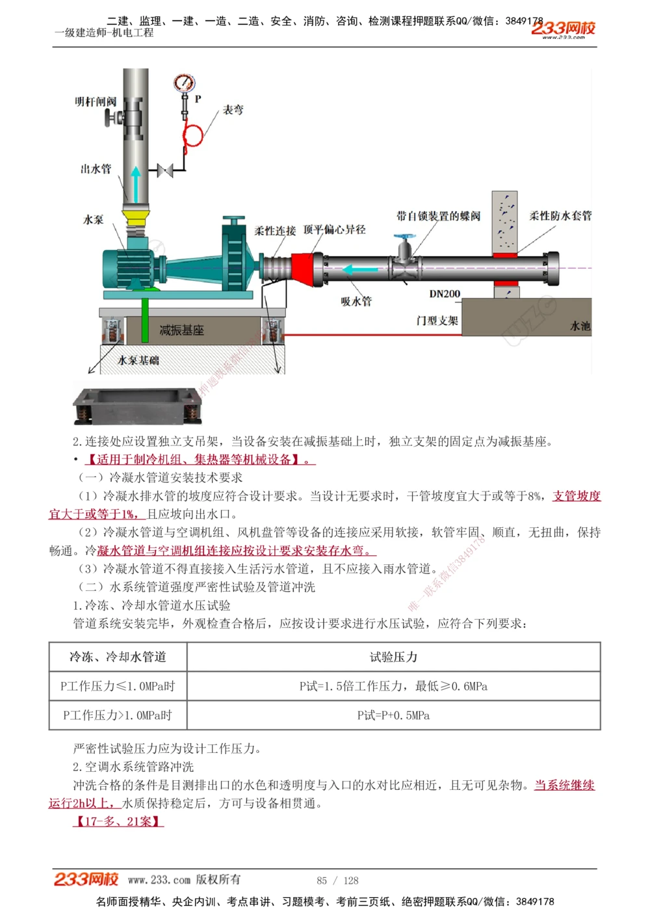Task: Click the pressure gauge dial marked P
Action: (185, 83)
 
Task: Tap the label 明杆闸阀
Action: (96, 101)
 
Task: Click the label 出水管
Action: (96, 169)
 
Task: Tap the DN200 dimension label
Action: (445, 294)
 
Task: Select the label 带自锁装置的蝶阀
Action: (438, 216)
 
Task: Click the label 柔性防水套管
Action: (560, 216)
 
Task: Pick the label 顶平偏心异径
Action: (334, 230)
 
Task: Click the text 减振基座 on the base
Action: (181, 330)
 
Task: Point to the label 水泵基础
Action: (138, 360)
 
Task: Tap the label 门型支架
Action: (437, 321)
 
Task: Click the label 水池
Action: (580, 326)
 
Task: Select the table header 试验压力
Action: (393, 657)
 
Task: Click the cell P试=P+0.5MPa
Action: (393, 715)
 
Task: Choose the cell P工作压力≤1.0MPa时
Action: (118, 686)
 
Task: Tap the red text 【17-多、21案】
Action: (118, 821)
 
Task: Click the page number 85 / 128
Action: (337, 881)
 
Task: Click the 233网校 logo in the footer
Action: (86, 880)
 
